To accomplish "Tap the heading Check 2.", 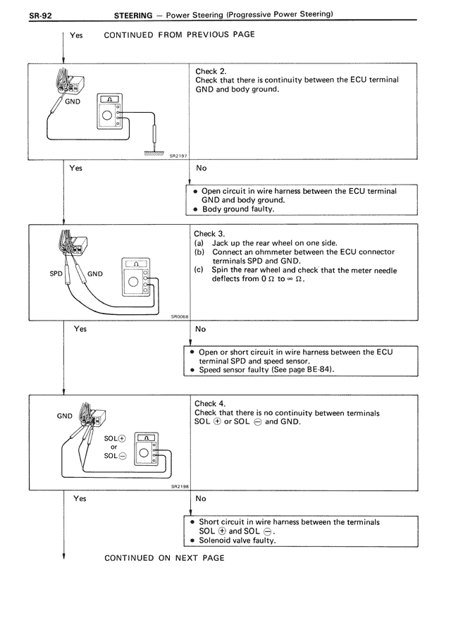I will point(210,71).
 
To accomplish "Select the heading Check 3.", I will point(209,233).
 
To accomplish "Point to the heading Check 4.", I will point(209,404).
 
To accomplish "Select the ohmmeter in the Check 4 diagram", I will point(146,452).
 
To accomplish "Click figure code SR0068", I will point(179,317).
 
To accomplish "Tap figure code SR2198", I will point(179,486).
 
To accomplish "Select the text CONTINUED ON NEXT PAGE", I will point(164,558).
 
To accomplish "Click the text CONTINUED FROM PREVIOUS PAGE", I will point(179,35).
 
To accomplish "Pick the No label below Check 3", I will point(201,328).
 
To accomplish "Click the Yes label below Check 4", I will point(80,498).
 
